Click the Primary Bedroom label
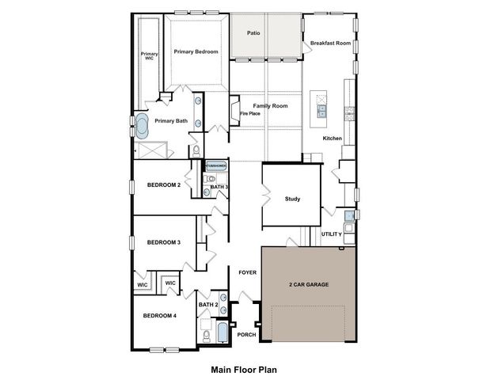point(196,51)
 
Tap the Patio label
point(253,33)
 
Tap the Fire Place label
point(250,113)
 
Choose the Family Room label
point(270,105)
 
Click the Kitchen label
point(332,139)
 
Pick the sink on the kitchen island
point(322,112)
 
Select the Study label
point(293,199)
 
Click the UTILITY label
point(332,234)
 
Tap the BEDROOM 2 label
point(164,185)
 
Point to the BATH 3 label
point(219,187)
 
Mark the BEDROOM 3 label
point(164,242)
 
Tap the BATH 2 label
point(208,305)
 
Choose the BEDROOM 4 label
point(159,316)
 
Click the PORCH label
point(246,335)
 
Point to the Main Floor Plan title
point(242,369)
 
